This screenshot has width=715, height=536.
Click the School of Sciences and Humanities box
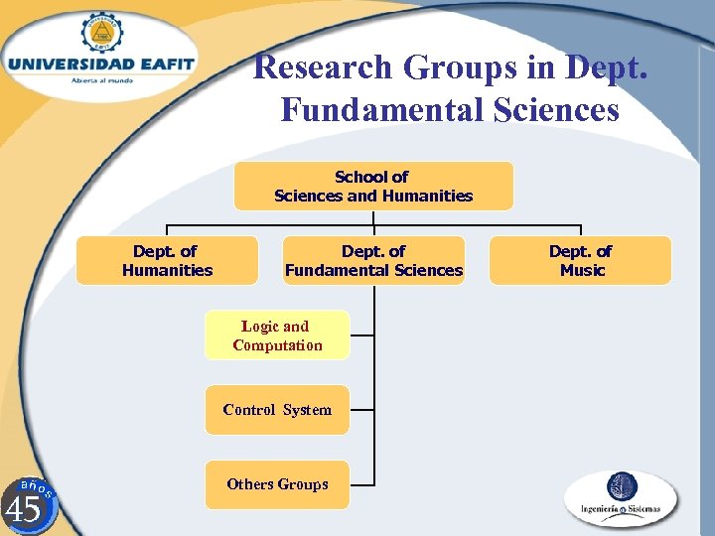pos(373,187)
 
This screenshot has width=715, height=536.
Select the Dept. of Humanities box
pos(167,261)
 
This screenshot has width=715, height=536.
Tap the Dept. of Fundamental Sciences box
pos(373,261)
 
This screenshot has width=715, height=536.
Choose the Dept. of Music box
pos(581,261)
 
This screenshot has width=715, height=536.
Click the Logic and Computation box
pos(277,335)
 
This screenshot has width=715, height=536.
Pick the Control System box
pos(277,410)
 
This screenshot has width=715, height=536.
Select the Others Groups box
pos(277,484)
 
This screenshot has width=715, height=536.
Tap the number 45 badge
pos(26,507)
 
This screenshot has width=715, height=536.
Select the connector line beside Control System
pos(362,409)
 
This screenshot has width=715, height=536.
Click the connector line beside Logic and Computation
pos(362,335)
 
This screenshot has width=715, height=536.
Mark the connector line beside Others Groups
pos(362,484)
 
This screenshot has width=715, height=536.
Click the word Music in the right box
pos(582,270)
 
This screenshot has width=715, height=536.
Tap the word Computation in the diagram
pos(277,345)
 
